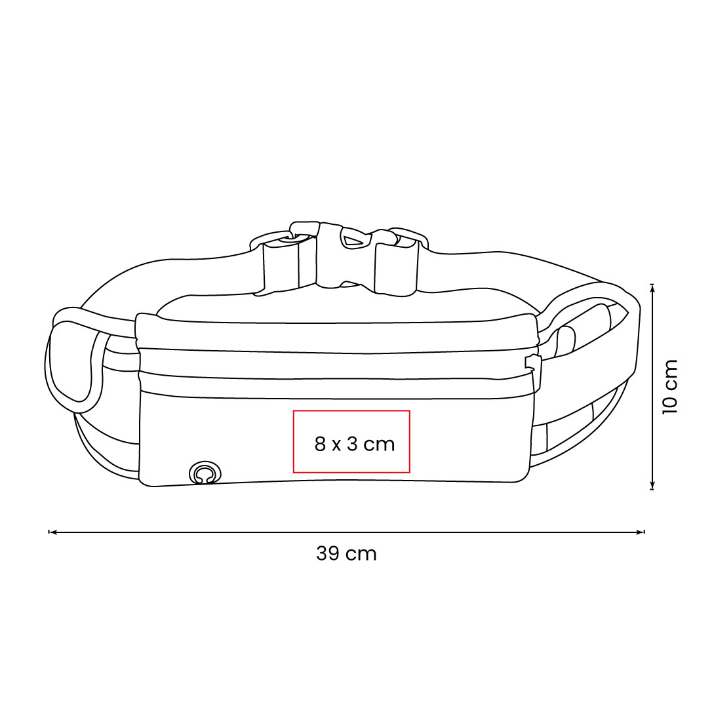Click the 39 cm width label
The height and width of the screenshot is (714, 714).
[x=347, y=554]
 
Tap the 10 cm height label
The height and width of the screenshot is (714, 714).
[x=670, y=387]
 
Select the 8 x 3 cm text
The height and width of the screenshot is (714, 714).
[x=354, y=443]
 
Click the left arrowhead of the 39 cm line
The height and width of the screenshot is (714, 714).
[x=51, y=531]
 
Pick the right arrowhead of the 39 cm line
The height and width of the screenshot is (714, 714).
[x=642, y=531]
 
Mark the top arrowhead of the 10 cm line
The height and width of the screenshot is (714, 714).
[x=652, y=287]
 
